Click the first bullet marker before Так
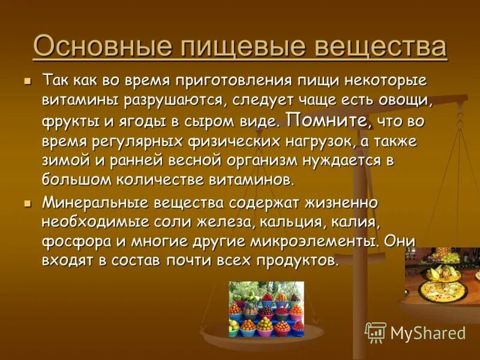pos(26,80)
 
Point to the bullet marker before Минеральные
pos(26,203)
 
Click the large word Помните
pos(329,119)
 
